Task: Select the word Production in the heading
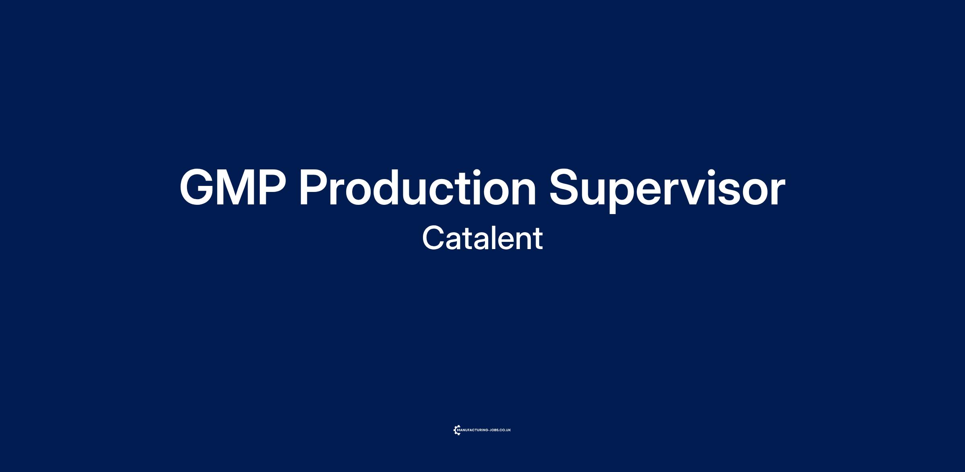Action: pyautogui.click(x=418, y=187)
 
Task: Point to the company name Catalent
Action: pyautogui.click(x=482, y=238)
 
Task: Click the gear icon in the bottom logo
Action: pyautogui.click(x=457, y=430)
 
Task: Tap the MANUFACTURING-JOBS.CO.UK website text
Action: pyautogui.click(x=484, y=430)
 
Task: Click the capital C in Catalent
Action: pyautogui.click(x=433, y=238)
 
